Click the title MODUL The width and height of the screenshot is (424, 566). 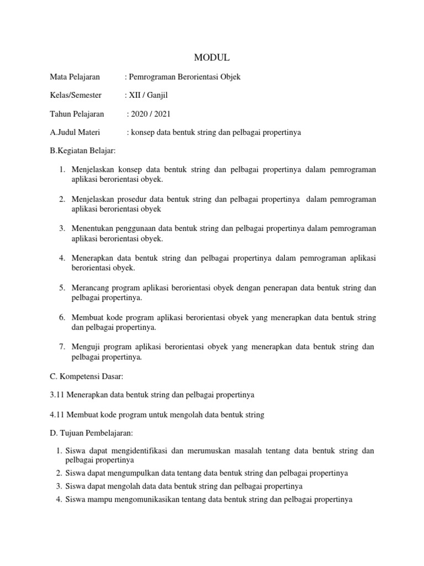click(211, 57)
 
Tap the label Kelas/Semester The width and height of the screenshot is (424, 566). click(76, 95)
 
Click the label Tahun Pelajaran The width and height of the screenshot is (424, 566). click(77, 114)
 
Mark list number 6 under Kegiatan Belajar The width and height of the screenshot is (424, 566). click(62, 318)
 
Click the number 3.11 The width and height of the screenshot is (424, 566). click(57, 395)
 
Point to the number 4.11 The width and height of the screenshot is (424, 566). click(57, 415)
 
